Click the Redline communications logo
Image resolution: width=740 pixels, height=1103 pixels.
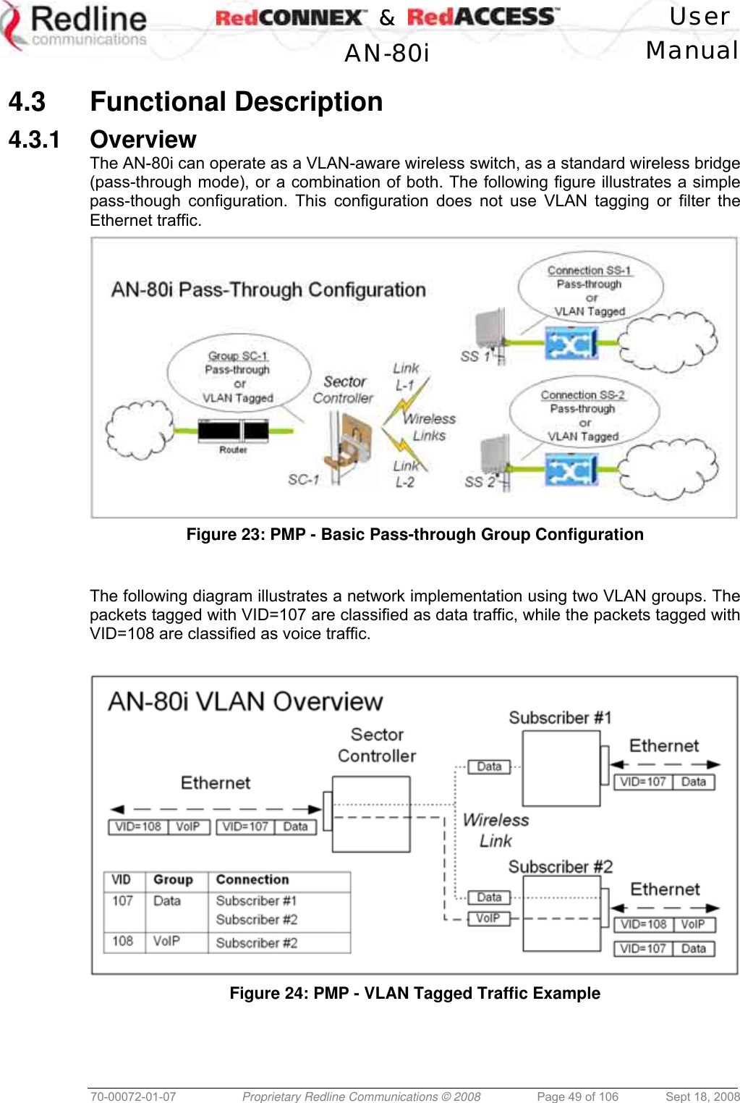pos(75,28)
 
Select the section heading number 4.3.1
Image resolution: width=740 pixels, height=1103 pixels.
pos(33,139)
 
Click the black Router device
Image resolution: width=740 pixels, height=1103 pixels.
pos(233,431)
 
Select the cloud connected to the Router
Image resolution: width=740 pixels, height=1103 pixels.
pos(140,430)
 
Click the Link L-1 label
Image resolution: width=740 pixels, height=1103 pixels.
pos(405,376)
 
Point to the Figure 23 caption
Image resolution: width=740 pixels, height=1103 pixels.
pos(414,534)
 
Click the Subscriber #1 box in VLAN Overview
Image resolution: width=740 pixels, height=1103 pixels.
pos(561,768)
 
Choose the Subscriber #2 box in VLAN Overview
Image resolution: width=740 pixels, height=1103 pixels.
pos(561,913)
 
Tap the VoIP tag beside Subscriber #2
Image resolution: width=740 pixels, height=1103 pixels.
pos(488,918)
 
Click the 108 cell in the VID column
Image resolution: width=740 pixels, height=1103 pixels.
pos(122,941)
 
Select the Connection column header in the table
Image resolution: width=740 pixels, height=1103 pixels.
pos(252,879)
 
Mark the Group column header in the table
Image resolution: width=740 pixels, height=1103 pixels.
pos(173,879)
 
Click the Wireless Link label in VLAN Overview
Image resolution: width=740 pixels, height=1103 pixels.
pos(496,830)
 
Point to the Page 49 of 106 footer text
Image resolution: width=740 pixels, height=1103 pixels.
pos(577,1096)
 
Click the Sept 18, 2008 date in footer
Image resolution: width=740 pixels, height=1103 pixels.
pos(702,1096)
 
